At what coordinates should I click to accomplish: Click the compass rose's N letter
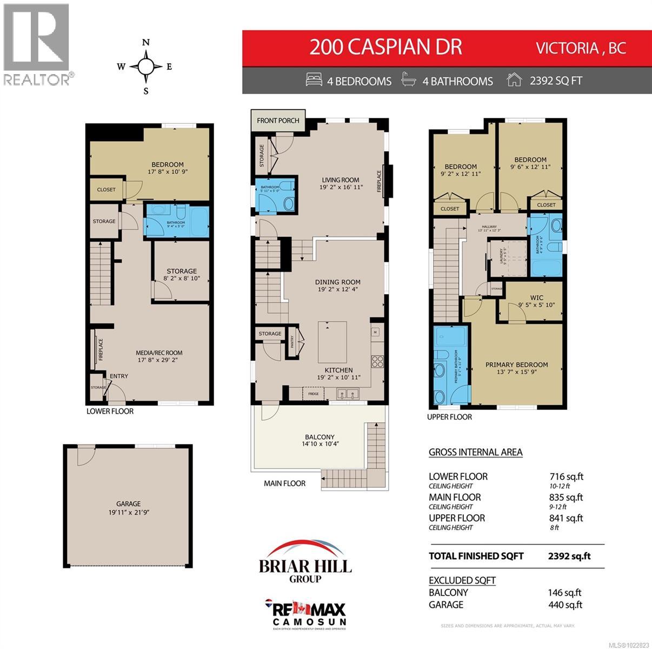145,43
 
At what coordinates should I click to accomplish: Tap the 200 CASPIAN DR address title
385,47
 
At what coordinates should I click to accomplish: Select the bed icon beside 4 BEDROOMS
314,80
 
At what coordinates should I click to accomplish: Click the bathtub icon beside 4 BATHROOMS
409,80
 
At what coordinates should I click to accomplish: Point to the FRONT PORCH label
278,120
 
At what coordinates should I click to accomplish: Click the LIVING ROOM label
341,180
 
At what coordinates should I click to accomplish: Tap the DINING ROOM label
338,282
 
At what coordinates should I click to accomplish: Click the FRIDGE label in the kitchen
313,393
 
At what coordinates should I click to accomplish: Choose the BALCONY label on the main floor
320,437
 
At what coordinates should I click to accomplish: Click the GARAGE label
128,504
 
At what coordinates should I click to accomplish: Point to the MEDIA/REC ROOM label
159,353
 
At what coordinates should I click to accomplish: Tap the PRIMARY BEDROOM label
516,365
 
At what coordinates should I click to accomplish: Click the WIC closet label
536,297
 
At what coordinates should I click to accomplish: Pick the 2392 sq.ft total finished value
569,556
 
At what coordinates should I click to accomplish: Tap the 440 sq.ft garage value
565,605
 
